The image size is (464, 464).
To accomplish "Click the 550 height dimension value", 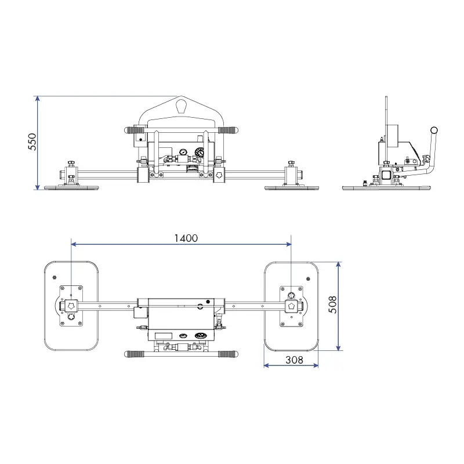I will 32,142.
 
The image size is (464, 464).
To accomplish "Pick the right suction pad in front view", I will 292,187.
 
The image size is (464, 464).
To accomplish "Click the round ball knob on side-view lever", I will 434,130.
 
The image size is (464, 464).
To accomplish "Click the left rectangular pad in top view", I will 71,306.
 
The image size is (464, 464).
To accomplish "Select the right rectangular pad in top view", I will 291,306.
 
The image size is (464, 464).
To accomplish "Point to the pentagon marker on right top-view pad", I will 291,305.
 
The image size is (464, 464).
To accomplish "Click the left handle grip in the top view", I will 134,354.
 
